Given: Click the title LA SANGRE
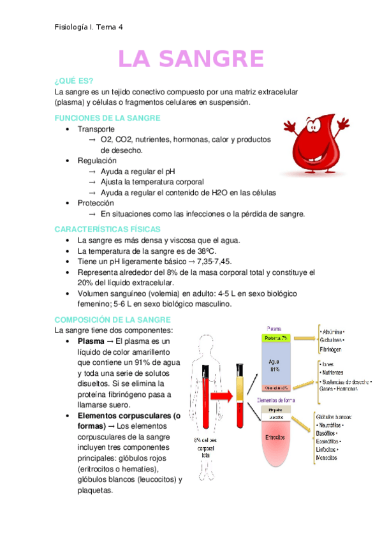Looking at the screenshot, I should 191,59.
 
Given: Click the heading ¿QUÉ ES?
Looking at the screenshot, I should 74,80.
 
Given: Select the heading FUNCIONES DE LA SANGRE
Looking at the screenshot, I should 108,118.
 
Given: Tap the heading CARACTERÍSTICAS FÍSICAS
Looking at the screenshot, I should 107,229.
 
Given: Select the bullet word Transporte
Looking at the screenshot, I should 96,129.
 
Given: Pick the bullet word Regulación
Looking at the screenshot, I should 97,161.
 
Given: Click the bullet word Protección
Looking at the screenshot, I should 96,203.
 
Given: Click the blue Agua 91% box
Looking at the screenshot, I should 275,365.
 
